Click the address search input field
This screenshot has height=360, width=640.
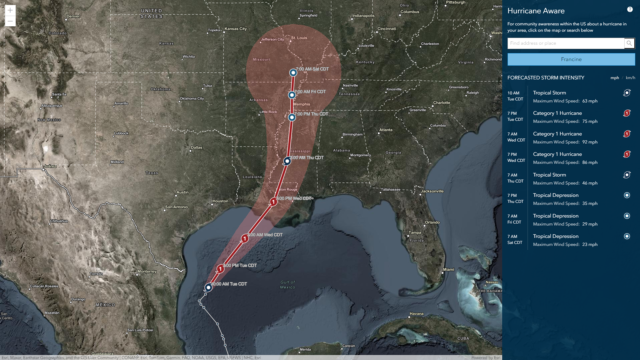564,44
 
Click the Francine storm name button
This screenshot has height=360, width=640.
570,59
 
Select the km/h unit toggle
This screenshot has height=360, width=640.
630,78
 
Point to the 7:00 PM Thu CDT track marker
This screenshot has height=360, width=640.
292,117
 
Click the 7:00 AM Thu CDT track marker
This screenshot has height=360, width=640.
287,160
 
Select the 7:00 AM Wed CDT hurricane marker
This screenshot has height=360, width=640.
244,237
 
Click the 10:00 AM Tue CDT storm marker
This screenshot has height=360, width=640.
208,287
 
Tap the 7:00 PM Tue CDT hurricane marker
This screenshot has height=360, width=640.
219,269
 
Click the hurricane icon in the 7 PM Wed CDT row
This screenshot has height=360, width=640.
626,155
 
